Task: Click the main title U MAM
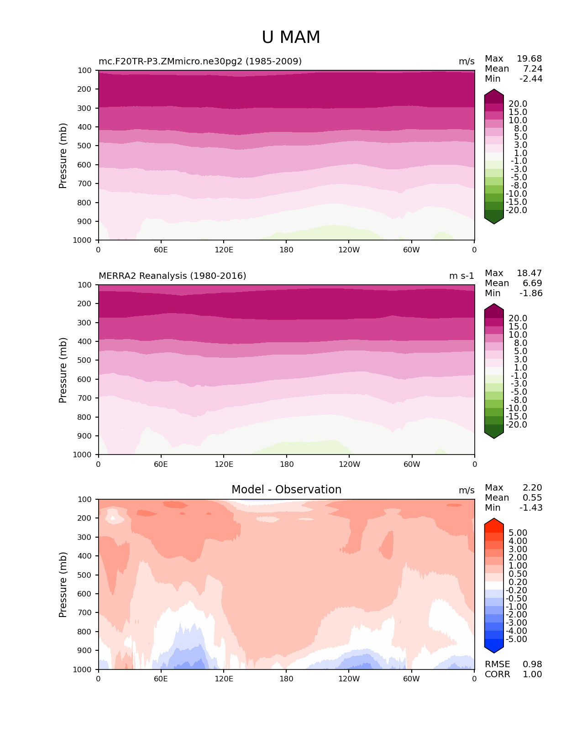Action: [x=291, y=37]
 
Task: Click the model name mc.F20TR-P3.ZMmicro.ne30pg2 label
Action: [x=200, y=61]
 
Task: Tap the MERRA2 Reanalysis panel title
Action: [x=172, y=276]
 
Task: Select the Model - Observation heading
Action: [x=286, y=490]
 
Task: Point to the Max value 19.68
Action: [x=529, y=58]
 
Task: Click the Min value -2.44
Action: [x=531, y=78]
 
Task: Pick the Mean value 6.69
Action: [x=532, y=283]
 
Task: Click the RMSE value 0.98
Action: [x=532, y=664]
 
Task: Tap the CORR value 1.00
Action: [x=532, y=674]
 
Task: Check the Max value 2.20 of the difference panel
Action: [x=532, y=487]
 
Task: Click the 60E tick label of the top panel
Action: [x=161, y=250]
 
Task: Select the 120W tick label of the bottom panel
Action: [x=349, y=679]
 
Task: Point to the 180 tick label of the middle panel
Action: [x=287, y=464]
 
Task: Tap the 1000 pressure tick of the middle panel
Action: [x=83, y=455]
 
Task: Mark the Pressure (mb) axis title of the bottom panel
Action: [x=63, y=584]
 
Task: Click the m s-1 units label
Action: [x=461, y=276]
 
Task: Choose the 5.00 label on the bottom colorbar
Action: [x=518, y=533]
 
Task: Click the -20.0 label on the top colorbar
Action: [x=517, y=210]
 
